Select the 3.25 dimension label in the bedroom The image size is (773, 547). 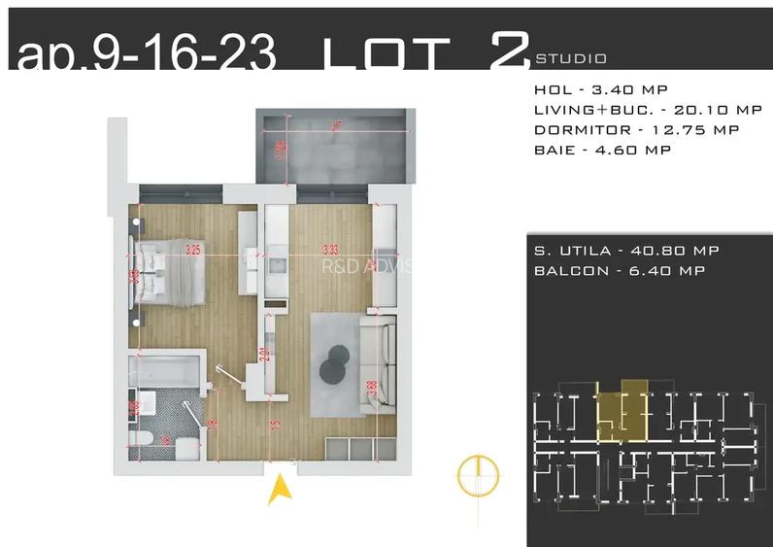pyautogui.click(x=193, y=250)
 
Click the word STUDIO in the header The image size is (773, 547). pyautogui.click(x=571, y=58)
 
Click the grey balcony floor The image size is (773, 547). pyautogui.click(x=335, y=148)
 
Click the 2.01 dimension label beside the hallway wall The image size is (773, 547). pyautogui.click(x=263, y=356)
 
